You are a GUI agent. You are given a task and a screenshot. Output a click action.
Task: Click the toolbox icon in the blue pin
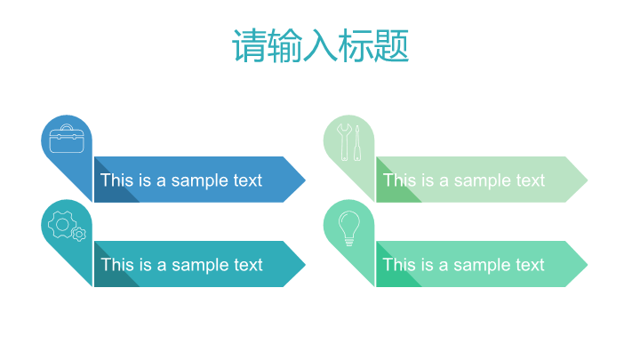[x=67, y=139]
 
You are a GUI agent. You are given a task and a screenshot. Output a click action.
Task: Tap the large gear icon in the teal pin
[x=62, y=224]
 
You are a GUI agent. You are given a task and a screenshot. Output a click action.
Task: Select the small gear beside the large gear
[x=79, y=235]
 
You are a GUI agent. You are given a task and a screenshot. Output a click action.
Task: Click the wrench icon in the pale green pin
[x=344, y=141]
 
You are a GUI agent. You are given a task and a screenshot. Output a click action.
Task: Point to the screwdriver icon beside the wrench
[x=357, y=142]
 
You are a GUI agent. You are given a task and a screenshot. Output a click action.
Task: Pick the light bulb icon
[x=349, y=228]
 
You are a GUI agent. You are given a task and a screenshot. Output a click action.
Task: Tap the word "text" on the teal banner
[x=248, y=265]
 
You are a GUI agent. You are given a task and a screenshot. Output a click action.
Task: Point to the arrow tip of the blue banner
[x=305, y=180]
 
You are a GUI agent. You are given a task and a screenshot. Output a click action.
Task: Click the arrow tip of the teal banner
[x=305, y=264]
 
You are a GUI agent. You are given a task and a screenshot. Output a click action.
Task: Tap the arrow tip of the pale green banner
[x=588, y=180]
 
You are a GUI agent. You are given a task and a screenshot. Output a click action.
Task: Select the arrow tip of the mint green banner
[x=588, y=264]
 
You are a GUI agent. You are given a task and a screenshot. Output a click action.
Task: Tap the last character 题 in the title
[x=391, y=45]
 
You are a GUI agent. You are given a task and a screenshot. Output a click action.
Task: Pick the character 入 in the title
[x=320, y=45]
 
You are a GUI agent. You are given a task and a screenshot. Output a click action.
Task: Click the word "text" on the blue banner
[x=248, y=180]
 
